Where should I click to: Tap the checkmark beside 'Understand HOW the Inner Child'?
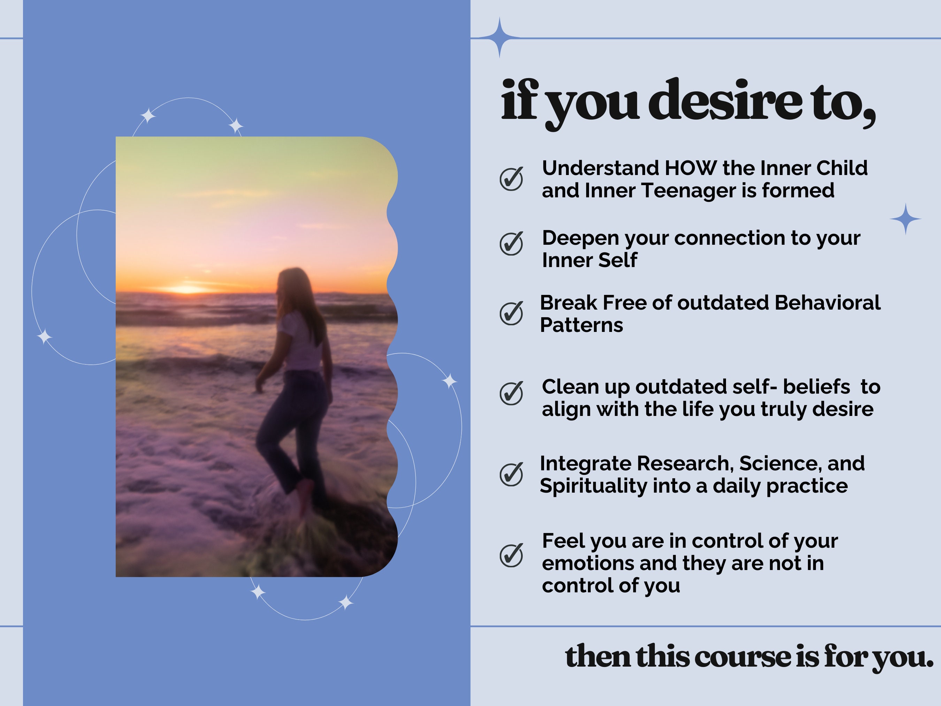(x=511, y=179)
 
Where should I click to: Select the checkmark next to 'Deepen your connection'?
(x=511, y=244)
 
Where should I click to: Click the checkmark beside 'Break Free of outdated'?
(x=511, y=314)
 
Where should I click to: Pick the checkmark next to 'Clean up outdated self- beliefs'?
(x=511, y=393)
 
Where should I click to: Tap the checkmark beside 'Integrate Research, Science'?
(x=511, y=474)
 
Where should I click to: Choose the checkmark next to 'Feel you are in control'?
(x=511, y=555)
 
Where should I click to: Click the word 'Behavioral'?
(x=827, y=303)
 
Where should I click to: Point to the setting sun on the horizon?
(x=186, y=289)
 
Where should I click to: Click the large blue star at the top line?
(x=499, y=37)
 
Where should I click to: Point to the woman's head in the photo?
(x=291, y=285)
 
